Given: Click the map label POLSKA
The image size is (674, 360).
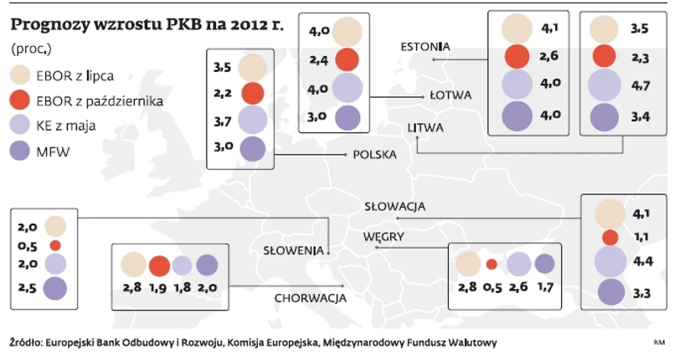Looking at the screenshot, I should (x=374, y=154).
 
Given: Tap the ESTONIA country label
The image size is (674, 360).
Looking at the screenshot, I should (x=425, y=46).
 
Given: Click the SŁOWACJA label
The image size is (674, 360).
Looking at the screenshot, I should (x=395, y=206).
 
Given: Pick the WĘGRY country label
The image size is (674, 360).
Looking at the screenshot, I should (x=383, y=237).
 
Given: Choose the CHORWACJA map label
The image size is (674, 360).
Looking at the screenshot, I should (x=310, y=297).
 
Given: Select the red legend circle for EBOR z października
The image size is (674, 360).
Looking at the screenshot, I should (x=20, y=101).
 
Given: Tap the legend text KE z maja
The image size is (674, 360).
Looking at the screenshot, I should (x=64, y=126).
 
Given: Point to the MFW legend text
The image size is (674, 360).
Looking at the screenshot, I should (x=53, y=151).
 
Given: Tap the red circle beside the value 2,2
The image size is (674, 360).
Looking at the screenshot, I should (x=252, y=93).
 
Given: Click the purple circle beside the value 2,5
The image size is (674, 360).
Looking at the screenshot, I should (x=55, y=289).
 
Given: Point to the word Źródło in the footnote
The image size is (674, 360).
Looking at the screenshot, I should (x=25, y=342).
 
